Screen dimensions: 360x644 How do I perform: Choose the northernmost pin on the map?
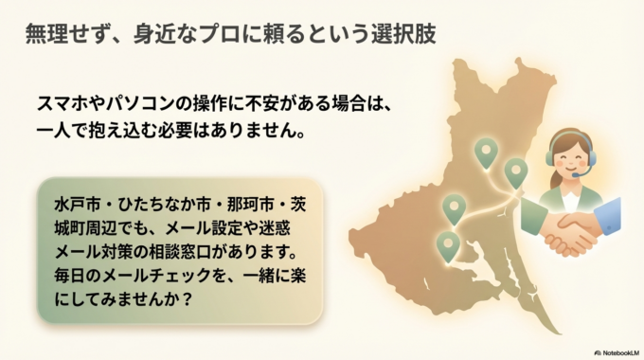pos(486,151)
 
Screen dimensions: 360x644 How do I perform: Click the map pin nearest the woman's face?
pos(515,171)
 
